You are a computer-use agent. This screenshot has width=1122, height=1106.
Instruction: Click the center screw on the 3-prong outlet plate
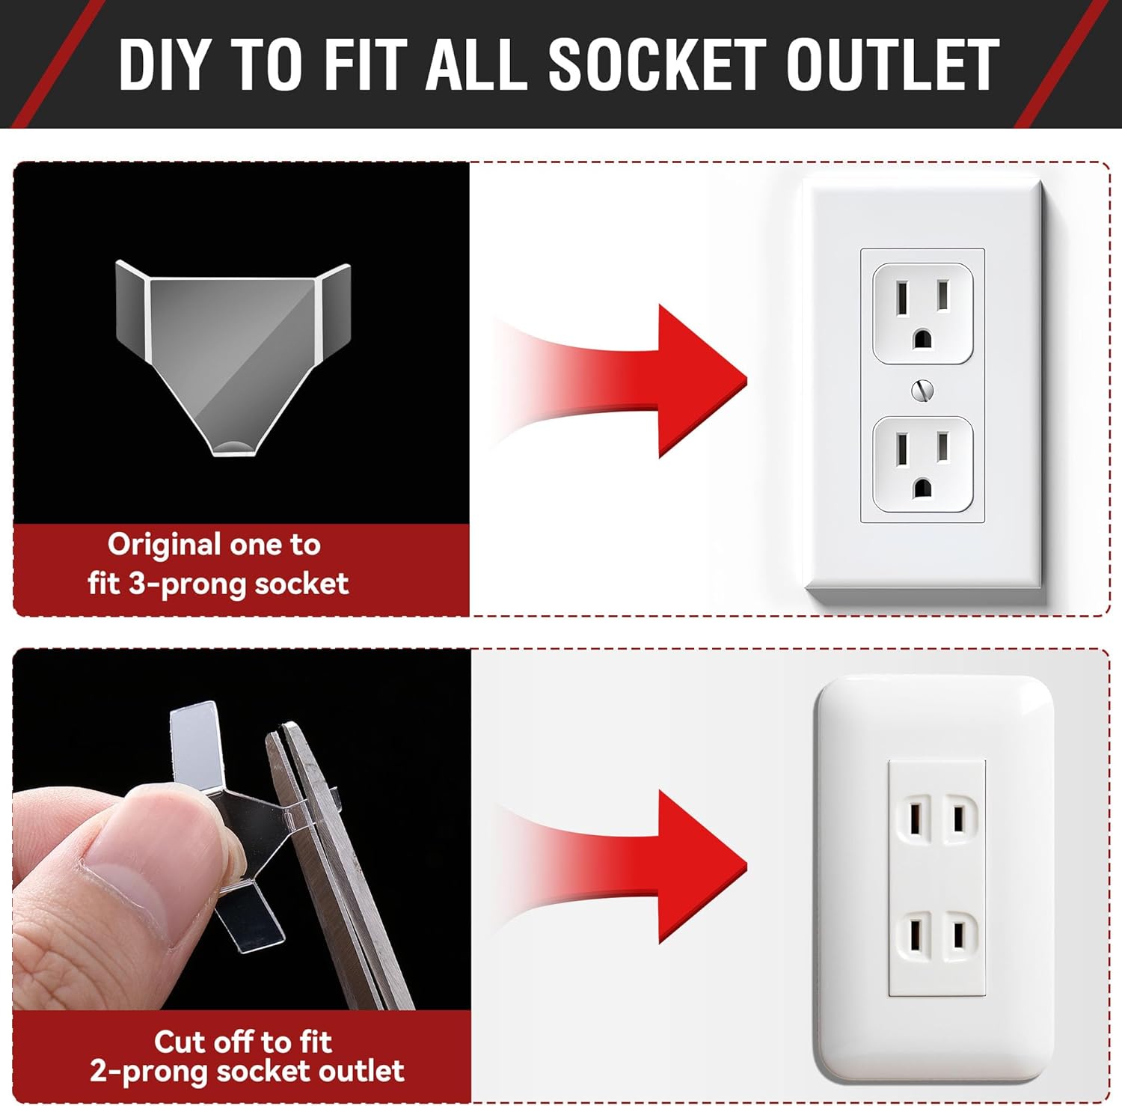point(922,390)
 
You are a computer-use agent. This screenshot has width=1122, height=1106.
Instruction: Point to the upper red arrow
point(621,380)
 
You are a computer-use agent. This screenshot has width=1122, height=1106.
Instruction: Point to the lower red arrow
point(621,867)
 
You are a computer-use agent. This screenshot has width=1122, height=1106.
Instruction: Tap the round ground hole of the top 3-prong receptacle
point(922,339)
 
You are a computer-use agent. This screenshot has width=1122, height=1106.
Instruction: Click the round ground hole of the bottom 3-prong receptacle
point(922,489)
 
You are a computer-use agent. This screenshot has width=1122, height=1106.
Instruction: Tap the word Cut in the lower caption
point(178,1041)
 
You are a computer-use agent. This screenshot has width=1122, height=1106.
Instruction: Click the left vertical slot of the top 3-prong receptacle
point(903,295)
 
